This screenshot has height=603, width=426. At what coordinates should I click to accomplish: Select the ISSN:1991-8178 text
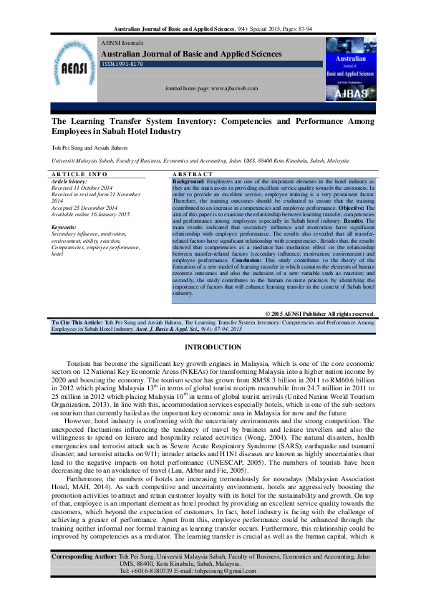tap(122, 64)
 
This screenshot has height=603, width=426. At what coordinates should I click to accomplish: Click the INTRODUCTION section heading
tap(213, 347)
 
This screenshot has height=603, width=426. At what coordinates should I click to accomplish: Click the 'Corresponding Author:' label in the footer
tap(84, 577)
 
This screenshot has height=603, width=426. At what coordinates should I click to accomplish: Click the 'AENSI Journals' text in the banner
tap(123, 44)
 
